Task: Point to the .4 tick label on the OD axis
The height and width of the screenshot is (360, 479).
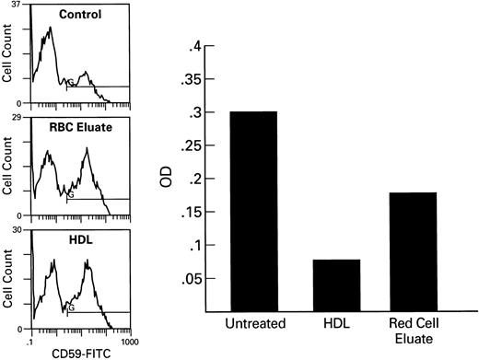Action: pyautogui.click(x=194, y=46)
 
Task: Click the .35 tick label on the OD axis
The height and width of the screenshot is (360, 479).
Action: pyautogui.click(x=191, y=80)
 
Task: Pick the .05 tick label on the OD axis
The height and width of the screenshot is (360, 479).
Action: pyautogui.click(x=191, y=281)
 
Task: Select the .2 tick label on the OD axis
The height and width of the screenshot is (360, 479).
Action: pyautogui.click(x=194, y=180)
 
